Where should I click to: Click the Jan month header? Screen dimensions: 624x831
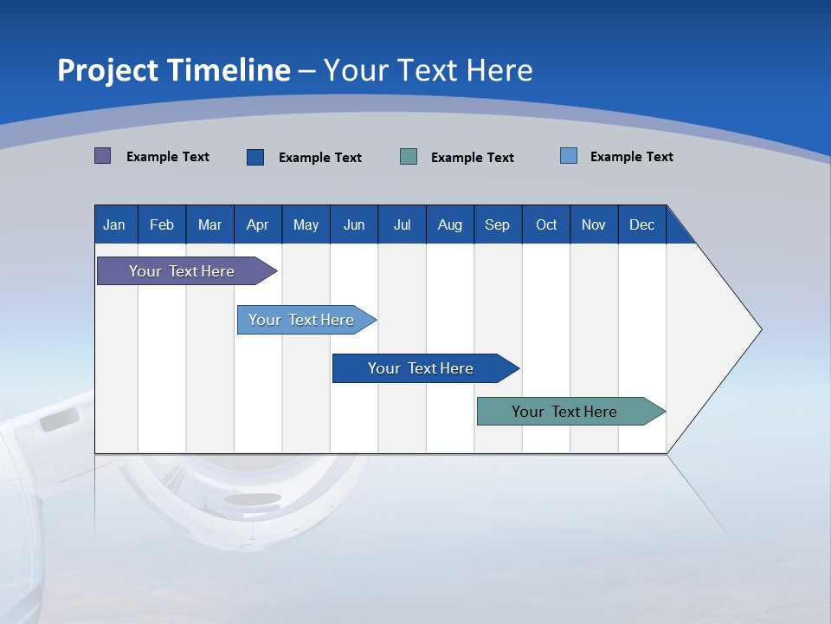[x=114, y=224]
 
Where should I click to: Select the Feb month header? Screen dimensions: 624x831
[x=162, y=224]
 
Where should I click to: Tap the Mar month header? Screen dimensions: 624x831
[x=209, y=224]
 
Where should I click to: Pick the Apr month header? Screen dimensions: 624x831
[x=257, y=224]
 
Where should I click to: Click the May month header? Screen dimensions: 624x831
[x=306, y=224]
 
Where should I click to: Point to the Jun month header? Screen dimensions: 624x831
[x=354, y=224]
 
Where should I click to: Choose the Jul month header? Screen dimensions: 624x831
[x=402, y=224]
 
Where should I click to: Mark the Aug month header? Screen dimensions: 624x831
[x=450, y=224]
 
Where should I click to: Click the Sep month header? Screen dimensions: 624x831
[x=497, y=224]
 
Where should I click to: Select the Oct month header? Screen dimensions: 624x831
[x=546, y=224]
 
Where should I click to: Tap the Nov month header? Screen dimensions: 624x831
[x=594, y=224]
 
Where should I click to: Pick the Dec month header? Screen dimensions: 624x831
[x=641, y=224]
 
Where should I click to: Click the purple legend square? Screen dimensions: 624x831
[x=102, y=156]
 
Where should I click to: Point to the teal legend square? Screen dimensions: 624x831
[x=409, y=157]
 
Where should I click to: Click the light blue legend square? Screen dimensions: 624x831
[x=568, y=156]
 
